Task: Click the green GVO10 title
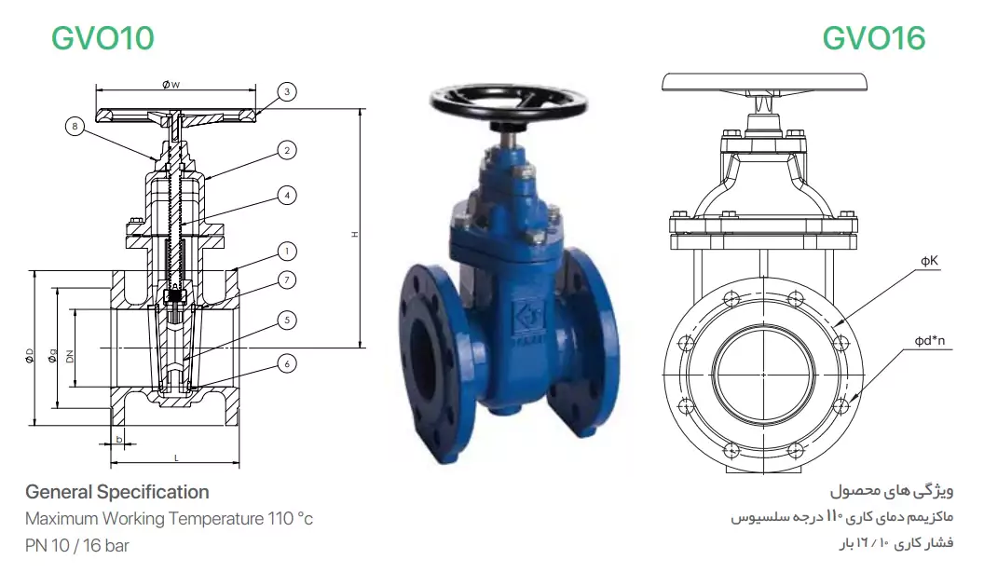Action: pos(102,38)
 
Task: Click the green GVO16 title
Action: pos(873,38)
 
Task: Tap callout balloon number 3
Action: pos(287,91)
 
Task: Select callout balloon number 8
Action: pos(75,127)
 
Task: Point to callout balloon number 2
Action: pos(287,151)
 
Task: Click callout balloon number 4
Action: pos(287,196)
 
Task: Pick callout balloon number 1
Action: pos(287,252)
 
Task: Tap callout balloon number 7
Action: pos(287,280)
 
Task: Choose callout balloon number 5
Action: pos(287,321)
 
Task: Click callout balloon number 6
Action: pos(287,364)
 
